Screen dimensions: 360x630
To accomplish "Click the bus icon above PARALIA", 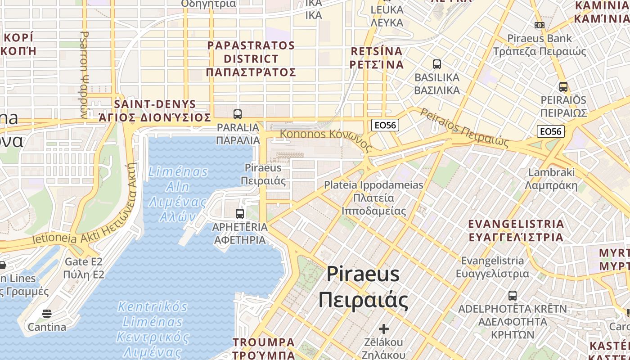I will pos(238,114).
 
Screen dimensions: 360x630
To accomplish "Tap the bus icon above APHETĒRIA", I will pos(240,213).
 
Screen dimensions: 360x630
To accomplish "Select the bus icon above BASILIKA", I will pos(436,64).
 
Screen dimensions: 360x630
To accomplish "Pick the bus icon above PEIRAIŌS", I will pos(563,87).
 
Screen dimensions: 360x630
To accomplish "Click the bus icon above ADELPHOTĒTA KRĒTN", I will pos(513,296).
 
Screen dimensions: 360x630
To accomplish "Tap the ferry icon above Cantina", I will pos(47,314).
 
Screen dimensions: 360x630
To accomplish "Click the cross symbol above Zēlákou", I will pos(383,329).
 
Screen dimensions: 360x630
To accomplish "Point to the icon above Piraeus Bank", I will pos(540,25).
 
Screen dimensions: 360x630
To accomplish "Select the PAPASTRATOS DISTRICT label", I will pos(251,58).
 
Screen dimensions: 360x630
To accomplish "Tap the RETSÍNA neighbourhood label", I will pos(377,58).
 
